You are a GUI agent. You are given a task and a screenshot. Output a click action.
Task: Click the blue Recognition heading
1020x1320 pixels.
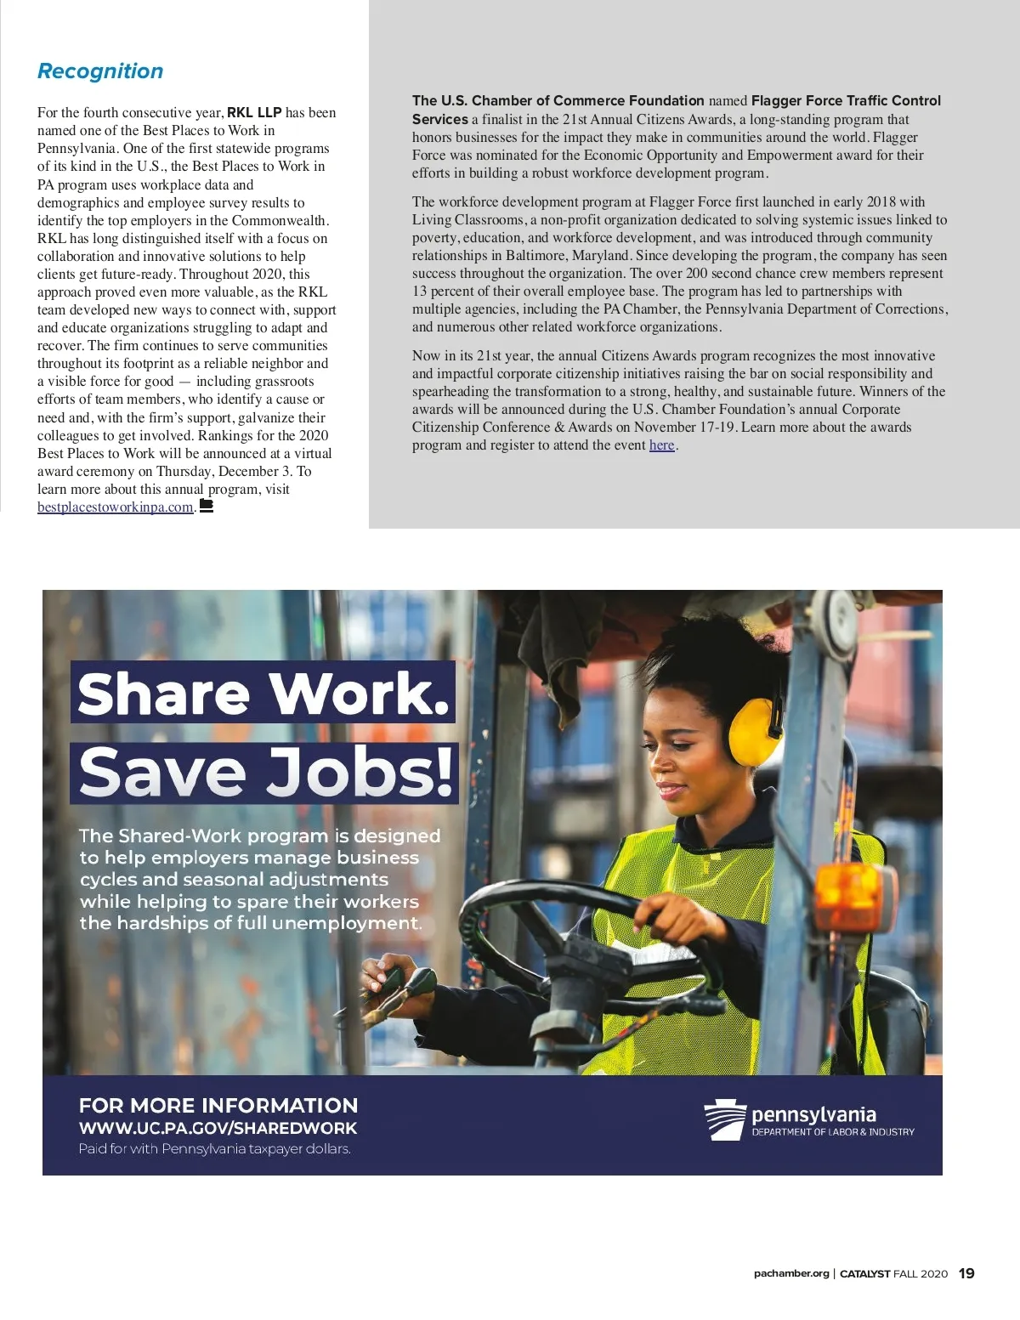pyautogui.click(x=100, y=71)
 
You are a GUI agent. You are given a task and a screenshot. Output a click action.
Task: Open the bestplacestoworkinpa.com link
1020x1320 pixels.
pyautogui.click(x=116, y=507)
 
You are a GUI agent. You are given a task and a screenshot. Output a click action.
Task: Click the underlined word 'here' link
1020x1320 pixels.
pyautogui.click(x=661, y=445)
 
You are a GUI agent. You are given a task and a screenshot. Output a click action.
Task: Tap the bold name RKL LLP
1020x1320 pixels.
pyautogui.click(x=254, y=112)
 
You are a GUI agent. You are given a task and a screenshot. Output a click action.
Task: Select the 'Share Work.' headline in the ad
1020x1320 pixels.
pyautogui.click(x=263, y=694)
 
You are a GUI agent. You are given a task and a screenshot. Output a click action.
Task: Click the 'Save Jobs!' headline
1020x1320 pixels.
pyautogui.click(x=265, y=773)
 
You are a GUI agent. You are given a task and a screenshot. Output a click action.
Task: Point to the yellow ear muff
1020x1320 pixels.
pyautogui.click(x=756, y=731)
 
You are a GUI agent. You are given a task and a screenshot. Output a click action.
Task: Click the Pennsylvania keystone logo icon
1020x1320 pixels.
pyautogui.click(x=725, y=1119)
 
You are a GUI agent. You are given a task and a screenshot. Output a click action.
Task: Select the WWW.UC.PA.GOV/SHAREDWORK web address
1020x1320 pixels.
pyautogui.click(x=218, y=1128)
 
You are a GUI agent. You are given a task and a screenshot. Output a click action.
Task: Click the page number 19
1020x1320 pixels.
pyautogui.click(x=966, y=1273)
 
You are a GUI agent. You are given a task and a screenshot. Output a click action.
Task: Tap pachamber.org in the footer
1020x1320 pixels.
pyautogui.click(x=790, y=1273)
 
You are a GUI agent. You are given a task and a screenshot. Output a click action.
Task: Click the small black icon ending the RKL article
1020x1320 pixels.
pyautogui.click(x=206, y=507)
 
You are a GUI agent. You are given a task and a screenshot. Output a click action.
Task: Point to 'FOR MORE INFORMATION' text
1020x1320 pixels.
pyautogui.click(x=218, y=1106)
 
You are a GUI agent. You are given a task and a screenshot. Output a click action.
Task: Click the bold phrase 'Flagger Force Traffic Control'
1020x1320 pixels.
pyautogui.click(x=846, y=100)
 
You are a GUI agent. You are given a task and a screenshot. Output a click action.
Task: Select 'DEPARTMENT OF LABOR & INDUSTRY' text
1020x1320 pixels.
pyautogui.click(x=833, y=1132)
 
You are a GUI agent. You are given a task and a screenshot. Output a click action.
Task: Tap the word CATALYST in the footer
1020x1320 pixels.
pyautogui.click(x=864, y=1273)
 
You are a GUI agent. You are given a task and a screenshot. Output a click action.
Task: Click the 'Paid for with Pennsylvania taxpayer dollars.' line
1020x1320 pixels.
pyautogui.click(x=214, y=1149)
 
